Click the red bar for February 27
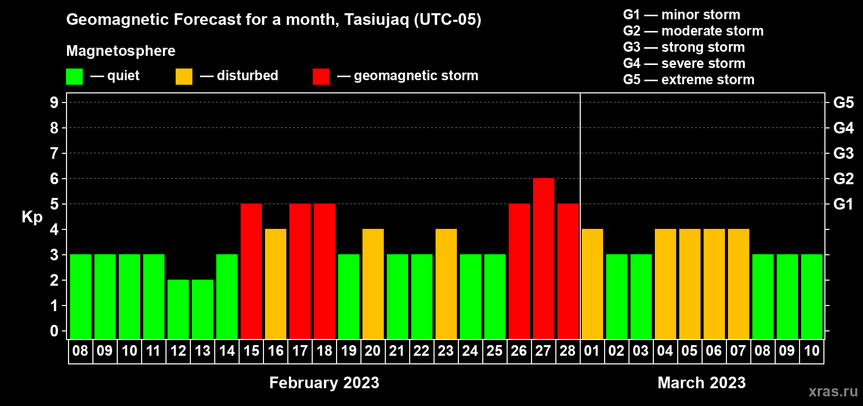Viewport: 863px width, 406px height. (x=544, y=258)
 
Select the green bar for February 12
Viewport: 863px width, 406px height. (x=178, y=309)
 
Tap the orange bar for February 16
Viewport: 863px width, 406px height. (x=276, y=284)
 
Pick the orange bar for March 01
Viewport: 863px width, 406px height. (x=592, y=284)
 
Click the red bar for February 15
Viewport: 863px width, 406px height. (x=251, y=271)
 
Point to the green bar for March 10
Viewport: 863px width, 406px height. (x=812, y=296)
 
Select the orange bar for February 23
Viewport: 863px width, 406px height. (x=446, y=284)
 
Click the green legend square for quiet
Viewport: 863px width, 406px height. (x=74, y=76)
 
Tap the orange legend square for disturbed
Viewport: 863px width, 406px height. (x=184, y=76)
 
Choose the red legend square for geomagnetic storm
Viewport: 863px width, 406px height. (x=321, y=76)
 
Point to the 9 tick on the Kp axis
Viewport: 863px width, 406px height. (x=54, y=103)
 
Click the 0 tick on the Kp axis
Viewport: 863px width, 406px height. (x=54, y=331)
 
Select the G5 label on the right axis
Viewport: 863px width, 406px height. (x=844, y=103)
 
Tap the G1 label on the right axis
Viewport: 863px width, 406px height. (x=843, y=204)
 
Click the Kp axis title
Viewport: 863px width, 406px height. (x=32, y=217)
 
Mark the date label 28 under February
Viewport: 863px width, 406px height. (x=568, y=351)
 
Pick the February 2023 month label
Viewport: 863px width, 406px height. (x=324, y=383)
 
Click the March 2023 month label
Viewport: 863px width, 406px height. (x=702, y=383)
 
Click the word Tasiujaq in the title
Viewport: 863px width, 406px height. (x=376, y=20)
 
